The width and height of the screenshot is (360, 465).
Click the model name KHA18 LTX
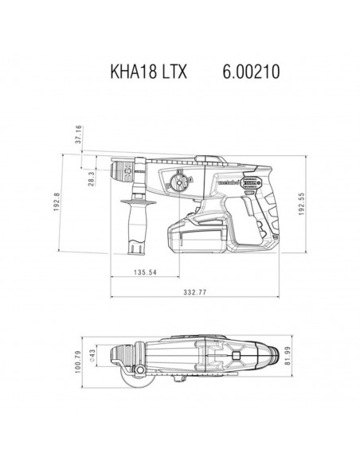point(149,72)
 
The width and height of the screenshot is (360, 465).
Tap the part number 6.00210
point(251,72)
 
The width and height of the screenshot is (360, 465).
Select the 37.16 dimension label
point(78,135)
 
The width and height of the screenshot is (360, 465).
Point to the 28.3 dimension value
point(91,178)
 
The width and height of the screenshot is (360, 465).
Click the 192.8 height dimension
point(57,202)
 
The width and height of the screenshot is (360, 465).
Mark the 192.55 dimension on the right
point(301,204)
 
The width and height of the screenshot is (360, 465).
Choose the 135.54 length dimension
point(145,272)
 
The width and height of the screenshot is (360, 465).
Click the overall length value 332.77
point(194,292)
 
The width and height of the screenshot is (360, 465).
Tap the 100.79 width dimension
point(78,361)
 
